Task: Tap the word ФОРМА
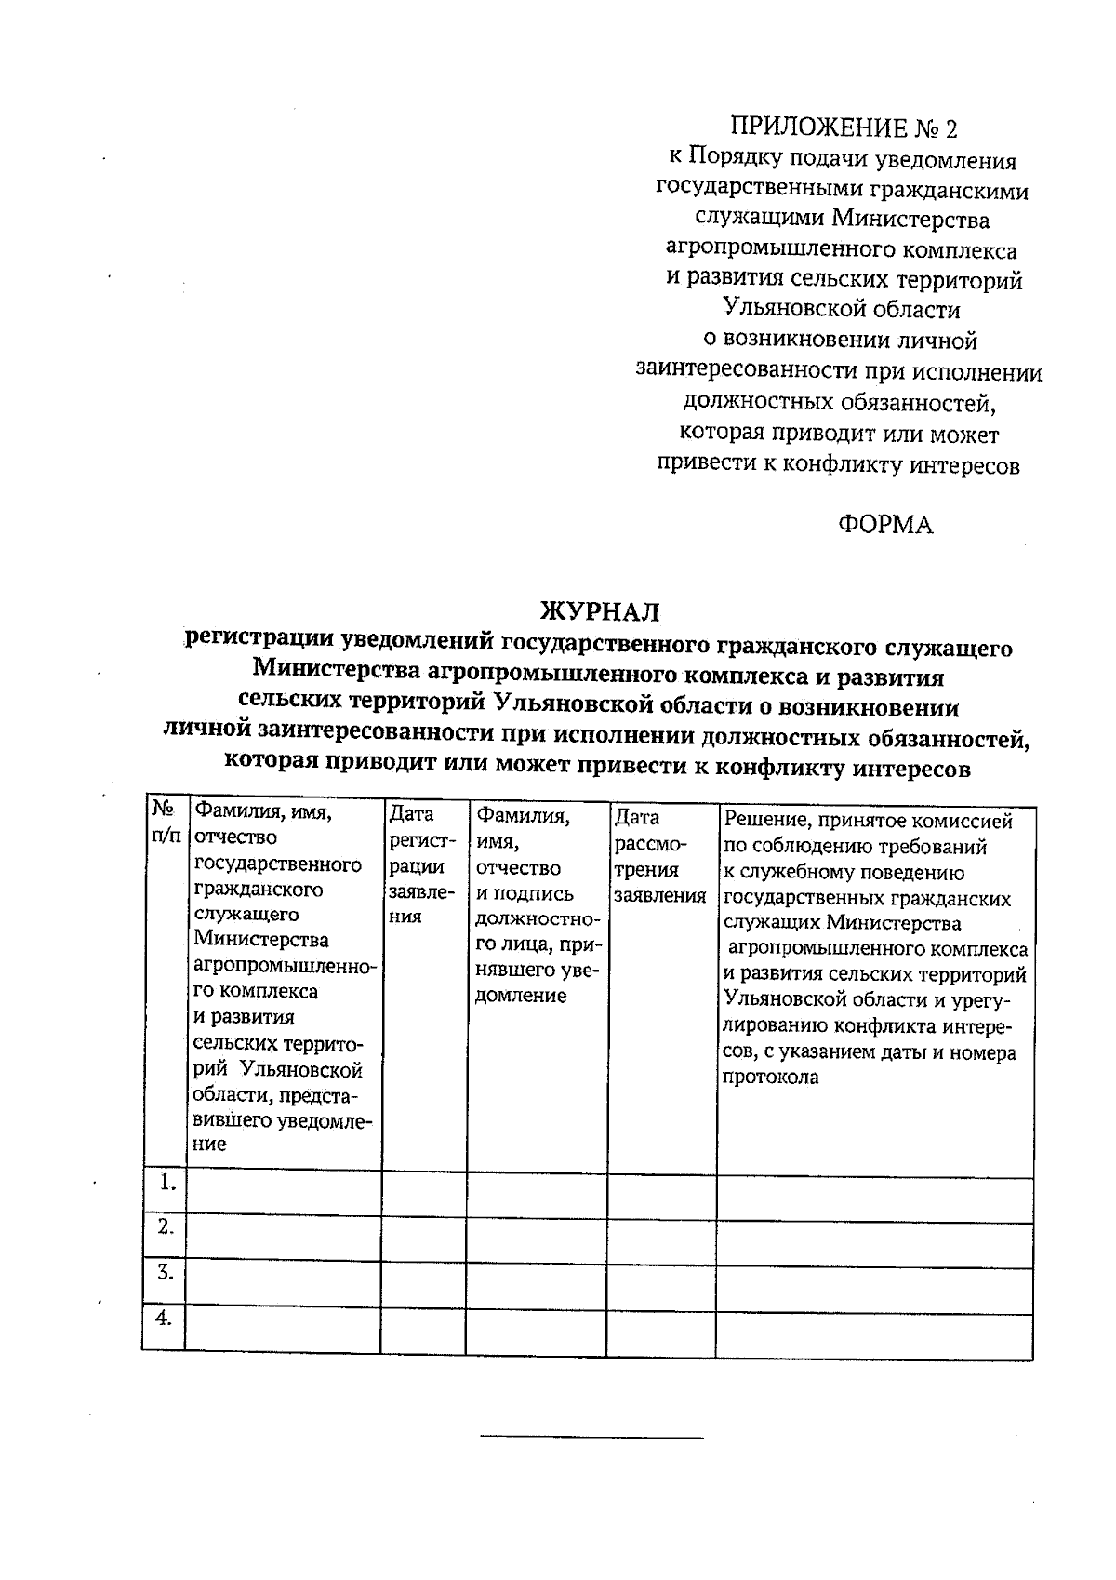click(884, 525)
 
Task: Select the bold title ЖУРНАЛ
click(600, 611)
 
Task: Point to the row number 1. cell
click(166, 1184)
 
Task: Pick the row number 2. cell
click(166, 1227)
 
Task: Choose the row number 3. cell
click(166, 1272)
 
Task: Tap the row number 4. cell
click(165, 1318)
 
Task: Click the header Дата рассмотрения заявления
click(658, 856)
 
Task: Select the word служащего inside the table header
click(246, 915)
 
